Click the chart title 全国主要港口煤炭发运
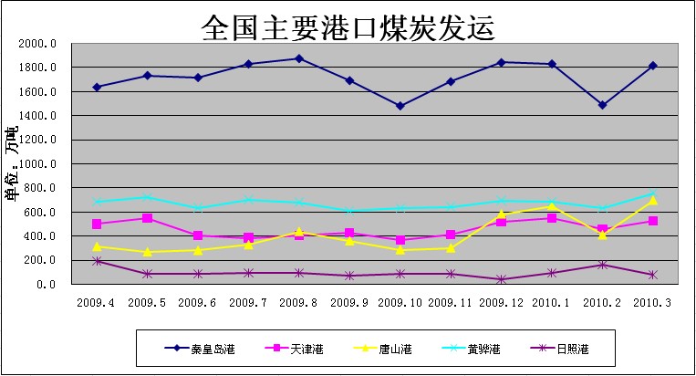pos(348,28)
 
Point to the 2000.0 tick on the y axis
pos(38,44)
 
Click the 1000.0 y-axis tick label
pos(38,164)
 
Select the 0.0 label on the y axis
pos(46,284)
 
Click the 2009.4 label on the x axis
pos(96,300)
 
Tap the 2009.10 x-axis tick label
pos(400,300)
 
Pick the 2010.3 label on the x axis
pos(653,300)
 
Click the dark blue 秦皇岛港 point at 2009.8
pos(299,58)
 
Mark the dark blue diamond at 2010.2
pos(603,105)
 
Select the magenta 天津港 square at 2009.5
pos(147,218)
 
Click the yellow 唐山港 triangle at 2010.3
pos(653,200)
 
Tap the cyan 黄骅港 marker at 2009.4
pos(96,202)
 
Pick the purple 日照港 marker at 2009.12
pos(502,279)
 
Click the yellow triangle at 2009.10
pos(400,249)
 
